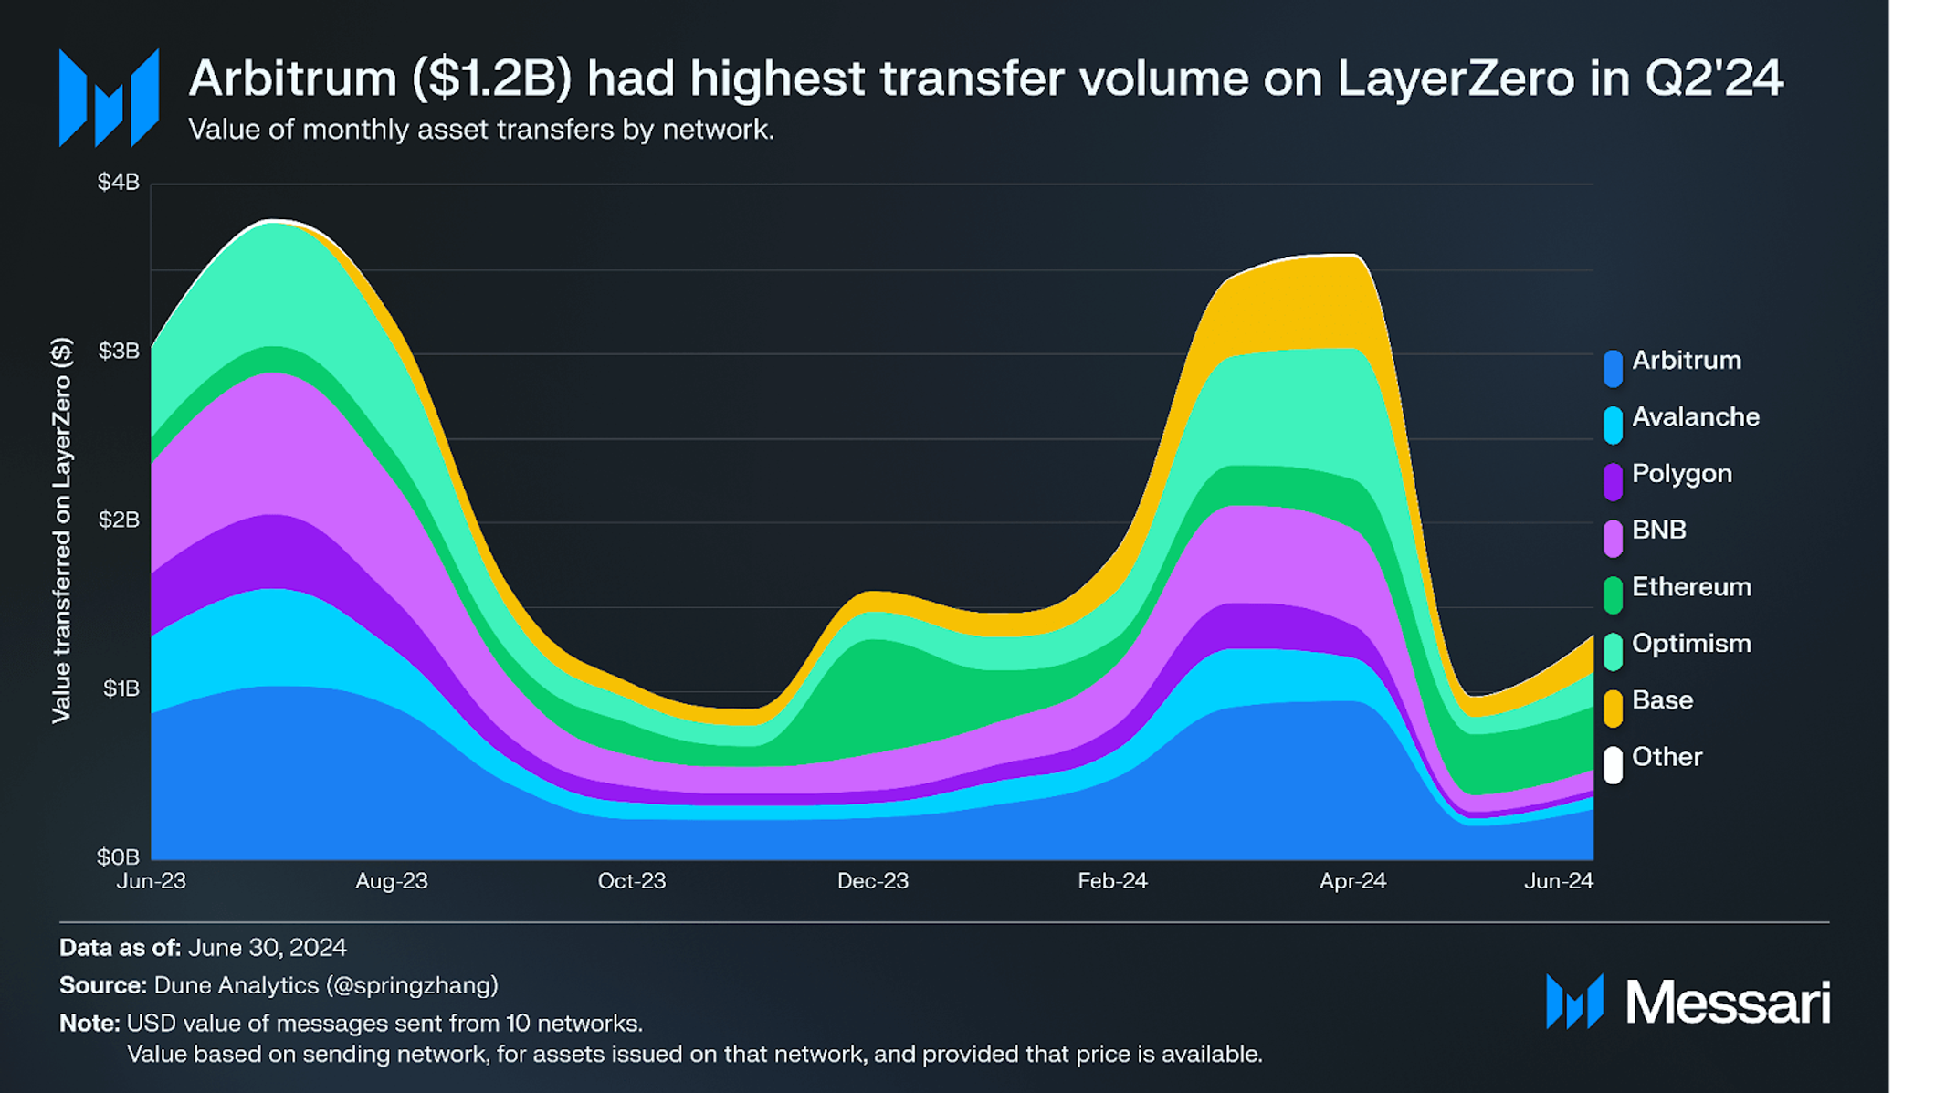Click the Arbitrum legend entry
1686,361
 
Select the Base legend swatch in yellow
1614,708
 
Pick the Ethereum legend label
1691,587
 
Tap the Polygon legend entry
1681,474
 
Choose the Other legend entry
1667,757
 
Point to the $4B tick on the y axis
119,183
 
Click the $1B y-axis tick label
121,688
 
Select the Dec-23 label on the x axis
873,881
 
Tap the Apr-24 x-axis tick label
1352,881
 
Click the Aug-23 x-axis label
392,881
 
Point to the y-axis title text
61,530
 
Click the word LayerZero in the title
1456,79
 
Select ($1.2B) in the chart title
491,79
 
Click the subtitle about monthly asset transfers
481,130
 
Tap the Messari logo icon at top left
109,99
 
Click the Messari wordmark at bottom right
1727,1003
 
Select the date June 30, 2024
267,948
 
